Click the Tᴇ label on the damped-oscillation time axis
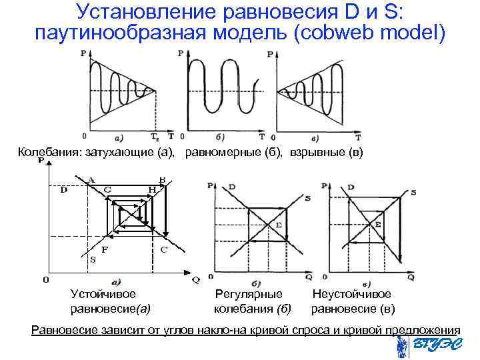coord(156,139)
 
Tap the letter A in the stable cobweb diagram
coord(91,178)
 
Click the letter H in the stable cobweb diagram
coord(152,189)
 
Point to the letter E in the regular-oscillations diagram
coord(278,226)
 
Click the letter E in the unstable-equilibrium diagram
coord(377,225)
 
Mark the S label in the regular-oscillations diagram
coord(307,198)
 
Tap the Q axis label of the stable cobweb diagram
coord(196,280)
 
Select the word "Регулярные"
coord(249,294)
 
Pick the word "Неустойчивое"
coord(352,294)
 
